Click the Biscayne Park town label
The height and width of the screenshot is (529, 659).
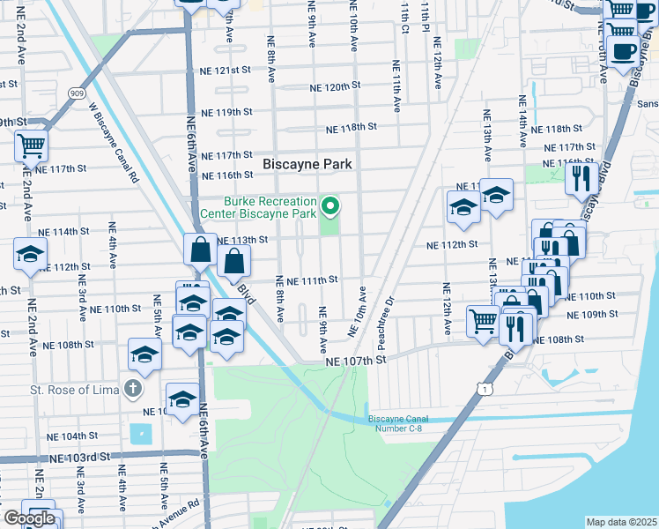(307, 164)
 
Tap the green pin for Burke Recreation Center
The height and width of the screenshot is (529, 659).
(331, 207)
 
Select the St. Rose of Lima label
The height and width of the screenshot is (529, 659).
(74, 389)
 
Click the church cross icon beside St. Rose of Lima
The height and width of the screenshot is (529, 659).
(132, 388)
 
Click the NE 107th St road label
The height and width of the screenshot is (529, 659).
(356, 361)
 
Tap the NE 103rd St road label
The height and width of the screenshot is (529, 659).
(79, 458)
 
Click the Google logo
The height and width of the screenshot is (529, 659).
(29, 518)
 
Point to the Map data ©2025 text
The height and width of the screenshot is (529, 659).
(621, 522)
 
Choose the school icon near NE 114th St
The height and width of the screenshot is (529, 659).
(30, 255)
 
